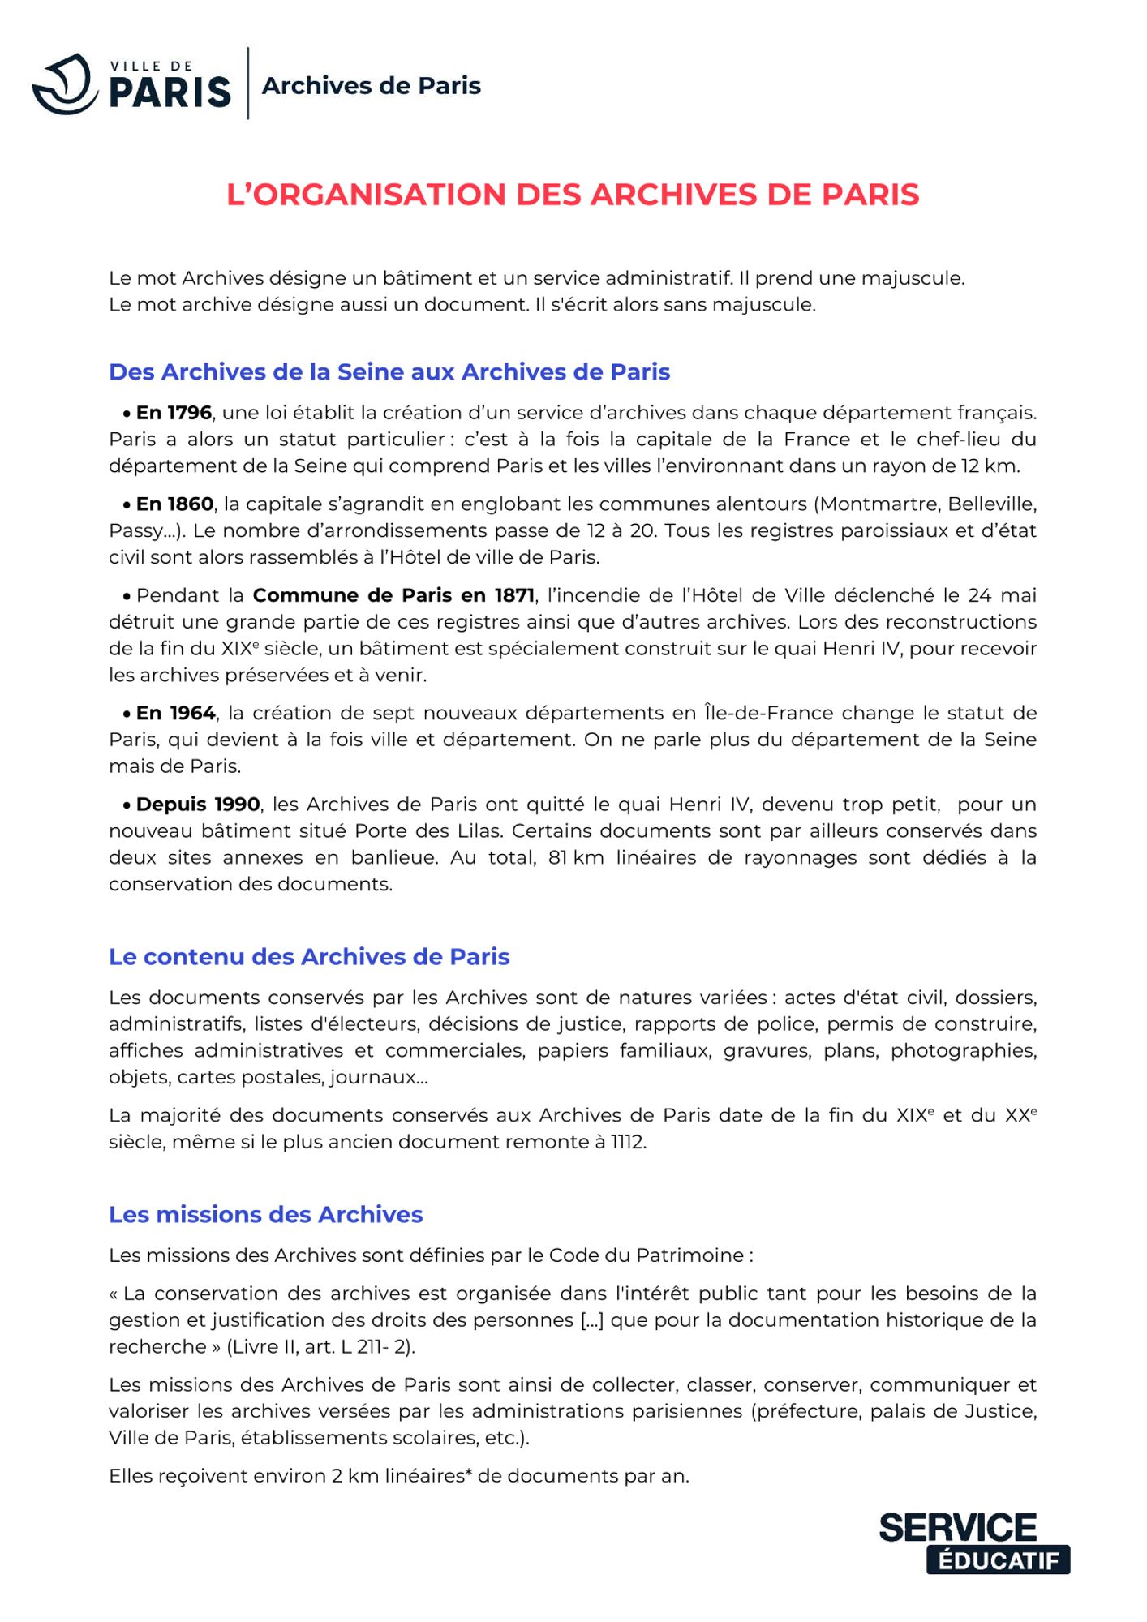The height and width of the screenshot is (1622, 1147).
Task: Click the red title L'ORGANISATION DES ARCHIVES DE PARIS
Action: (x=573, y=195)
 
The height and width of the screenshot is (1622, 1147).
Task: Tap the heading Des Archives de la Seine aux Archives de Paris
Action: (x=389, y=371)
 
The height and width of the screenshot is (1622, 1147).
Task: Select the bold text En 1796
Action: (x=174, y=413)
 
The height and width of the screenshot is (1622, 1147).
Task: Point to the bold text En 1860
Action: (x=174, y=504)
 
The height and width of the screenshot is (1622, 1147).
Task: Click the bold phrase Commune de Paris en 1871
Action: (x=393, y=595)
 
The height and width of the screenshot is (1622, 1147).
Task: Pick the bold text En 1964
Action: (x=175, y=713)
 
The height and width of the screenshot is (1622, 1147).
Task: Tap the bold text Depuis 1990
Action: (x=198, y=805)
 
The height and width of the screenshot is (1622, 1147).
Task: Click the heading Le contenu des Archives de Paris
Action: (x=309, y=957)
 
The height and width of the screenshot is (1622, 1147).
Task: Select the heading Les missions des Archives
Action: (x=266, y=1214)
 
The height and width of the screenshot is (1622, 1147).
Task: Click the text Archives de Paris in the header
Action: (x=372, y=86)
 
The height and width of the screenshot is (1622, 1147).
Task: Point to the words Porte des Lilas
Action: (x=427, y=831)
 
